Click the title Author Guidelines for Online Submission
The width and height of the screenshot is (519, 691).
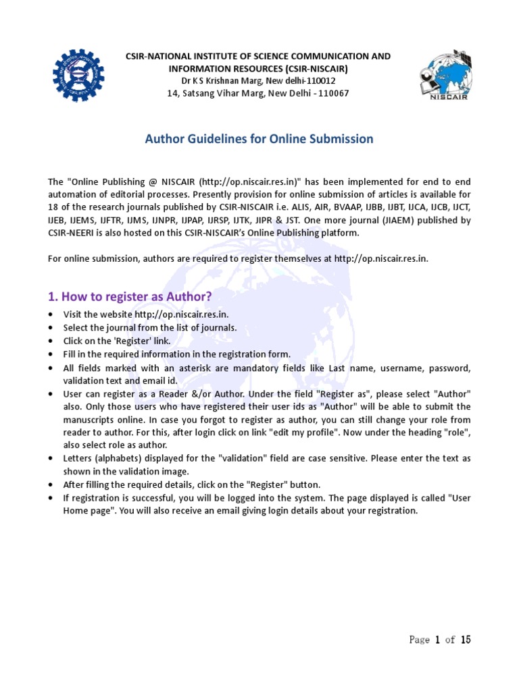[x=259, y=139]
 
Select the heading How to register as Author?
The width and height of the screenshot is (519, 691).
[x=130, y=296]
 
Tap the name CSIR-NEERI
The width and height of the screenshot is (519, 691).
[x=73, y=233]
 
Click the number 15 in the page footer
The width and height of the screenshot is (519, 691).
[x=466, y=640]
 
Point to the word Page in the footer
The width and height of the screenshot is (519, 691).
[x=419, y=640]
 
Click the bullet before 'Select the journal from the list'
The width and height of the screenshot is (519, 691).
[x=52, y=328]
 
